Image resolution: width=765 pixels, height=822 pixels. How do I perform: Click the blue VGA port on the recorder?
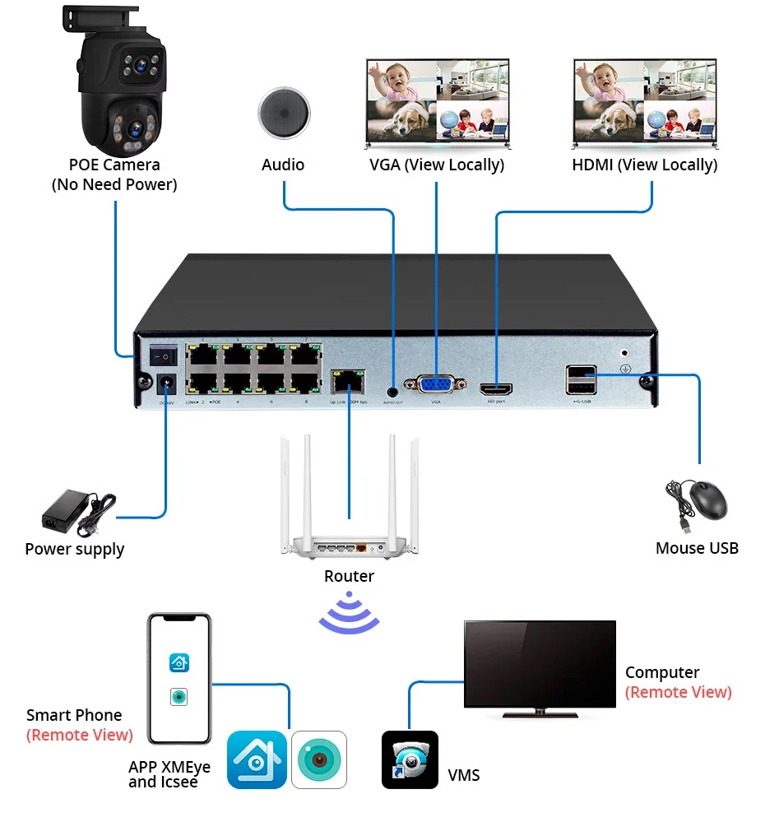pyautogui.click(x=436, y=385)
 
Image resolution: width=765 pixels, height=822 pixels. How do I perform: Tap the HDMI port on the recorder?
pyautogui.click(x=496, y=387)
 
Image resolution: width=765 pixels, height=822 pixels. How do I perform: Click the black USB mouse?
pyautogui.click(x=706, y=500)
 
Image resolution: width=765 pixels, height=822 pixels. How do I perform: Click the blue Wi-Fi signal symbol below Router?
pyautogui.click(x=350, y=613)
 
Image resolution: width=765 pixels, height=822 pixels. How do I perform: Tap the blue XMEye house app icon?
pyautogui.click(x=257, y=759)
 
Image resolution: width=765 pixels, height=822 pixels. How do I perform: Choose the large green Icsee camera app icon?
pyautogui.click(x=319, y=759)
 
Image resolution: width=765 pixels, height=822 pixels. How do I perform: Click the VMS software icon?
pyautogui.click(x=410, y=759)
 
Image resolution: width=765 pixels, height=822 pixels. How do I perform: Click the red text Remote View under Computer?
pyautogui.click(x=678, y=692)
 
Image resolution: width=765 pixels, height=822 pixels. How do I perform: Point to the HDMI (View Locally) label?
pyautogui.click(x=644, y=165)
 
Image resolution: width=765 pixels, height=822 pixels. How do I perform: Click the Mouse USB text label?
pyautogui.click(x=697, y=548)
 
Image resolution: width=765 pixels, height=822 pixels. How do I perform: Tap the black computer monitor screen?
pyautogui.click(x=539, y=664)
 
